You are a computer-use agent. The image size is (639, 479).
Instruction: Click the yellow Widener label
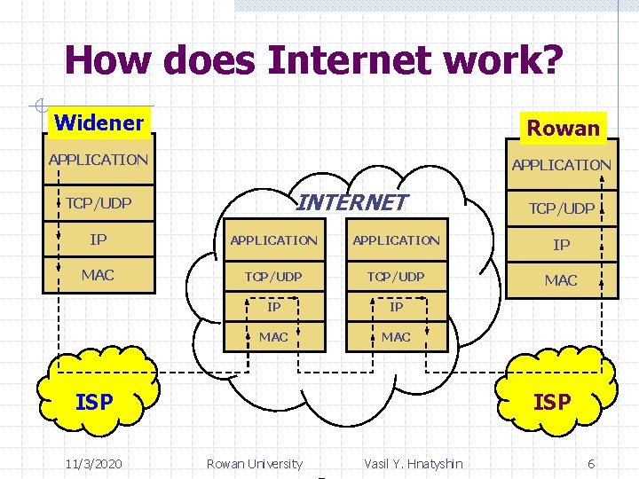99,122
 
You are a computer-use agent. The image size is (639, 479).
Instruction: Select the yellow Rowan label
564,128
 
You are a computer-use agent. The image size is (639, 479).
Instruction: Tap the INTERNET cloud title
351,202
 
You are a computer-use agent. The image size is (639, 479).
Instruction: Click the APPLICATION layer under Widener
99,160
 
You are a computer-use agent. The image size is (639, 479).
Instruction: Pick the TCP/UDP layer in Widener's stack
99,203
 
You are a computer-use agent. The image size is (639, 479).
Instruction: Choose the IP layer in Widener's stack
99,239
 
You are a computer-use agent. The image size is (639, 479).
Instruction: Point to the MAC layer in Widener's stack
99,275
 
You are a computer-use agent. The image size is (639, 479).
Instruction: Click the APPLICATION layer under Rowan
561,164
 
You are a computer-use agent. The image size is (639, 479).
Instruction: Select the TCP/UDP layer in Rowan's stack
561,208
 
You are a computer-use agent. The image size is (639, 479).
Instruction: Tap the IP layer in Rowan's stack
561,245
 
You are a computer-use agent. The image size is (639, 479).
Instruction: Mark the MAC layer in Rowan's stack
561,280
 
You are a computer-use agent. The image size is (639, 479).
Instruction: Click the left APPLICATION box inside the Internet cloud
273,240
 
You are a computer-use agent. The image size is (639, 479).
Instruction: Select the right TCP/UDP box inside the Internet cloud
396,277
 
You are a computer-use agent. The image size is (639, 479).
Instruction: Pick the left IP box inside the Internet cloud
273,307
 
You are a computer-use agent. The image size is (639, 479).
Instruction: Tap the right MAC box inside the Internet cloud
396,337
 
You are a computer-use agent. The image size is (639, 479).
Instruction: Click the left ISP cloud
95,402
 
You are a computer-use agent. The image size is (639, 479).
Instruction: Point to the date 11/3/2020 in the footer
93,463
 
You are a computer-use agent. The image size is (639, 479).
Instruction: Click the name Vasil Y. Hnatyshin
413,463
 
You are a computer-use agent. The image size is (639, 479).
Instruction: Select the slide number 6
591,463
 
